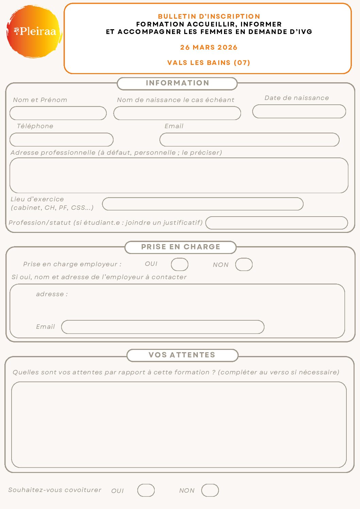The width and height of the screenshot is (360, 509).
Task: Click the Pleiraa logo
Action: (34, 31)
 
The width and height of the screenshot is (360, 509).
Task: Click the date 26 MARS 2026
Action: (209, 48)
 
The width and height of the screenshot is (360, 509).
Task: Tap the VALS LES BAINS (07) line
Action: (209, 63)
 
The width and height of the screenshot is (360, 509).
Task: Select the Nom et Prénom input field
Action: (58, 113)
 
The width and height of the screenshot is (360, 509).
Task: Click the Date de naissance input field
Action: (299, 112)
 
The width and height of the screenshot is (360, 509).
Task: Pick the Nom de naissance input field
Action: (177, 113)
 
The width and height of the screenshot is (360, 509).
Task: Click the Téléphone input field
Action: (62, 140)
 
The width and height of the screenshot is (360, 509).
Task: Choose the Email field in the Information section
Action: (250, 140)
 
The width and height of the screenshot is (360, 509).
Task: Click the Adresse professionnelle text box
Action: (179, 175)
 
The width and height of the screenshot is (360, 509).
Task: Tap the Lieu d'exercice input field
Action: (203, 204)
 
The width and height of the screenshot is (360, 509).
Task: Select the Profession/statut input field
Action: (277, 223)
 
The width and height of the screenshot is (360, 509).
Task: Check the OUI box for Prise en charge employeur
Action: (179, 265)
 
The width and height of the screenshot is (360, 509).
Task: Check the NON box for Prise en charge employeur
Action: (244, 265)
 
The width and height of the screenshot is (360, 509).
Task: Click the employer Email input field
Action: (162, 327)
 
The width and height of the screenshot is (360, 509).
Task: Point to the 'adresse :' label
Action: (52, 294)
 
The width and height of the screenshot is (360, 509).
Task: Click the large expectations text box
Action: (179, 425)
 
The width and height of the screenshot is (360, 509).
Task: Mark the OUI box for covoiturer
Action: (146, 491)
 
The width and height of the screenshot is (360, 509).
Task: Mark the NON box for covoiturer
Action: (210, 491)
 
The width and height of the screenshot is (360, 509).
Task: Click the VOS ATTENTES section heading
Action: (182, 355)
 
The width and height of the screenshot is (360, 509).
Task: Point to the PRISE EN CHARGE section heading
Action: (181, 247)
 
